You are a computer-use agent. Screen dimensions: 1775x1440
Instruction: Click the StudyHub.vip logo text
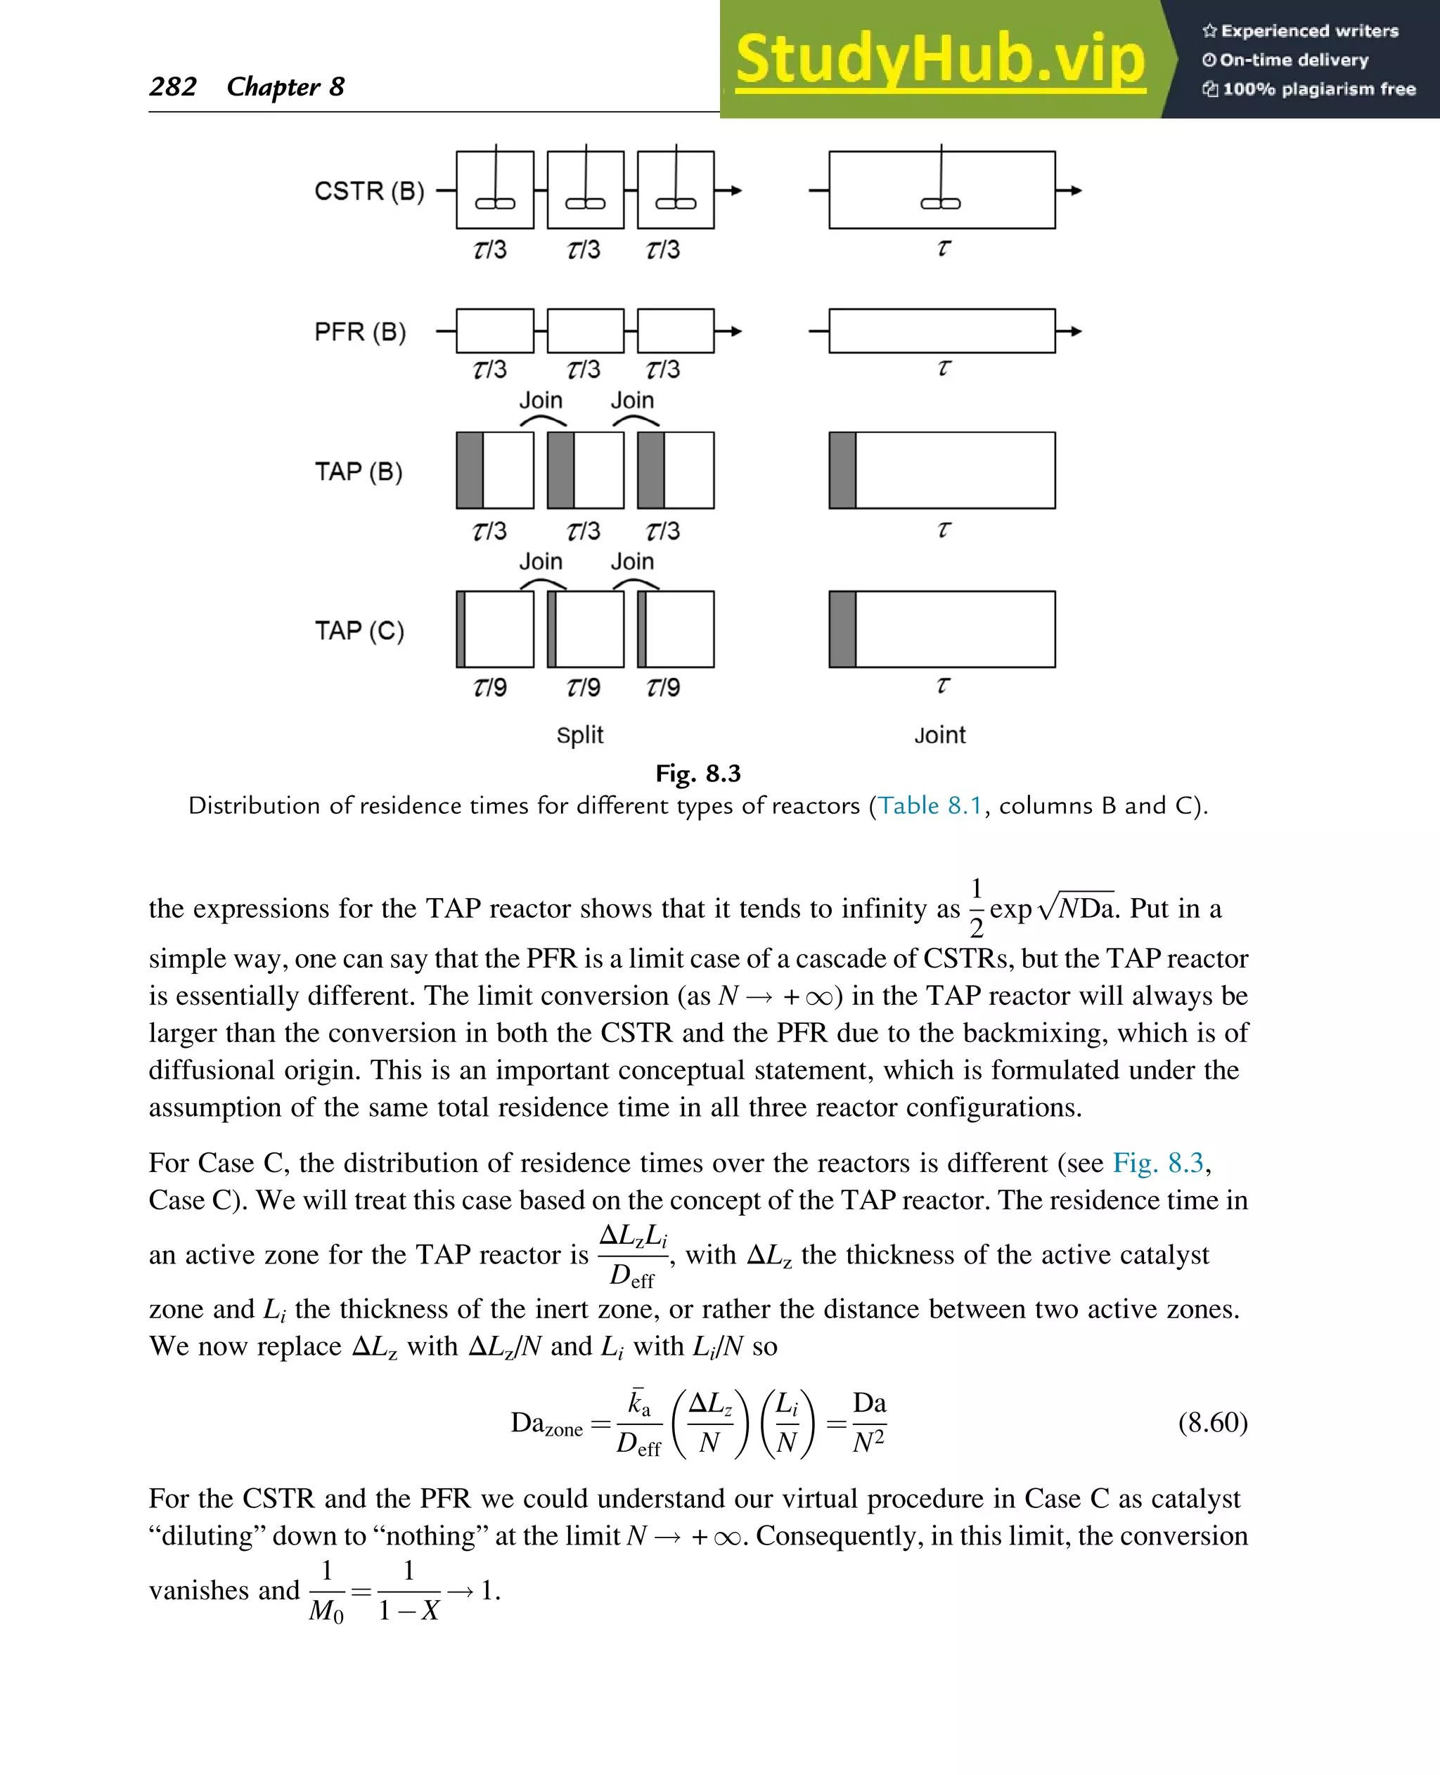pos(940,60)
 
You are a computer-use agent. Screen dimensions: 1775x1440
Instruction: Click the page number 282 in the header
pos(172,86)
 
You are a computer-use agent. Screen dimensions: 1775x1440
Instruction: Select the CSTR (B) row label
pos(368,192)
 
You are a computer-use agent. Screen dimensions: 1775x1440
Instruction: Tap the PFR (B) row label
pos(359,332)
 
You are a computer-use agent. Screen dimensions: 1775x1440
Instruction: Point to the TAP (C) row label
pos(359,631)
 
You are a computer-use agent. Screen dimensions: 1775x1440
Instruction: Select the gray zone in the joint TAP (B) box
pos(842,470)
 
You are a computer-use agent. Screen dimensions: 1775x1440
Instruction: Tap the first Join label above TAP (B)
pos(541,401)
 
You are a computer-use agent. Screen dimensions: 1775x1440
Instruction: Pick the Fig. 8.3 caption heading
pos(697,774)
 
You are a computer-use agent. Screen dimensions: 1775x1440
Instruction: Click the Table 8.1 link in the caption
pos(930,806)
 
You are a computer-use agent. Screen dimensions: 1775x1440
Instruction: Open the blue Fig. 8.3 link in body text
pos(1157,1163)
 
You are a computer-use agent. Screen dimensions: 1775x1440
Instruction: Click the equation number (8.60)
pos(1212,1423)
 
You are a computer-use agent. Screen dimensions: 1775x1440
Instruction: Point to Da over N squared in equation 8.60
pos(868,1423)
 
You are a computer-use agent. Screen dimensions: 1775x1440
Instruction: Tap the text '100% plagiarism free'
pos(1318,89)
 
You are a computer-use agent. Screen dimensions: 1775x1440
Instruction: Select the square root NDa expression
pos(1076,909)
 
